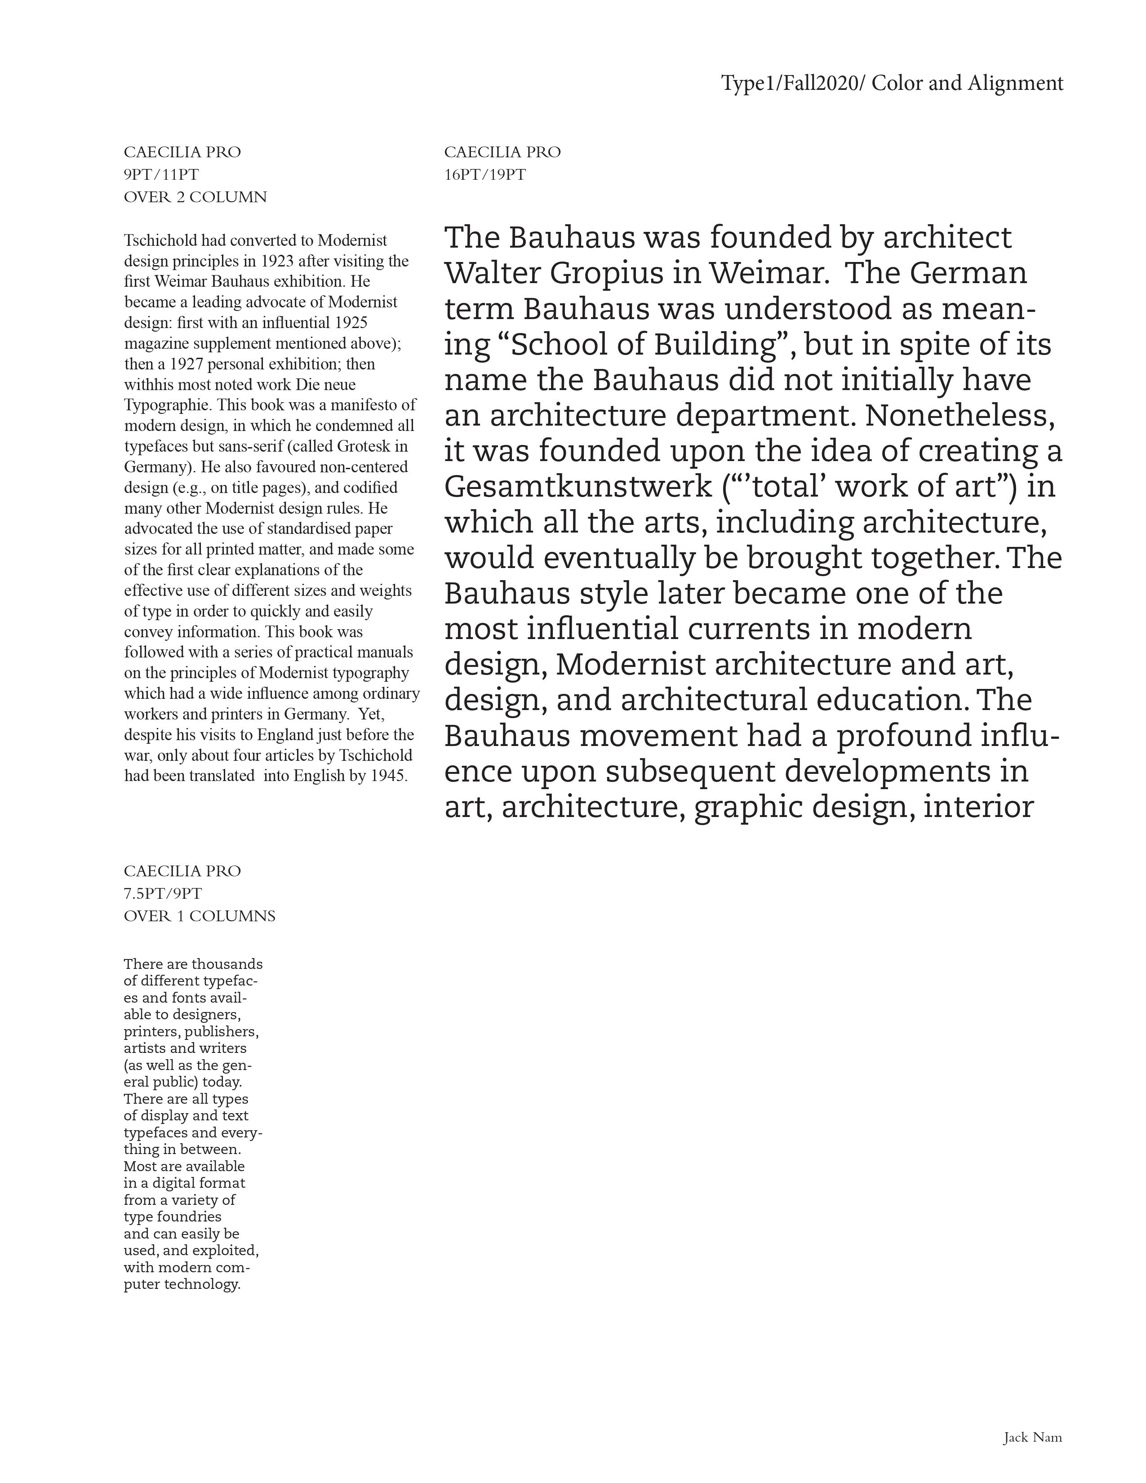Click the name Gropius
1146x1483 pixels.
(x=606, y=274)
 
